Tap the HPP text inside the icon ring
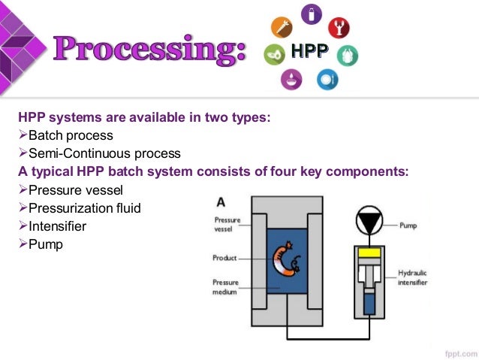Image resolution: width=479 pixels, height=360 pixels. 310,51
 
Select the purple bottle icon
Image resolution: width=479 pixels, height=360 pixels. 312,14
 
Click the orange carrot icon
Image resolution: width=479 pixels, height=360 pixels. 282,27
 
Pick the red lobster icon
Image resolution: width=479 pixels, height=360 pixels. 339,28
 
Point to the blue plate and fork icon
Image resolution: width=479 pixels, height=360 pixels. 327,80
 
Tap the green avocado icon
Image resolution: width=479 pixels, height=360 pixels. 274,54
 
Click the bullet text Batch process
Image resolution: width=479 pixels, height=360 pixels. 71,135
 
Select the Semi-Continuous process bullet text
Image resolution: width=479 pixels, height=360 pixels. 104,153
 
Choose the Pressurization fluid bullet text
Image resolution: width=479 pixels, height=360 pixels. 85,208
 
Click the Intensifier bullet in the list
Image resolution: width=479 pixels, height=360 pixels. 57,226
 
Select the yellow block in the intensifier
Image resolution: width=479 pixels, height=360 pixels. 369,253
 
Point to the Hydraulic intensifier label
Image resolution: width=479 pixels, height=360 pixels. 412,277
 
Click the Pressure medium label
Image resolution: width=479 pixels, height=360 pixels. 225,287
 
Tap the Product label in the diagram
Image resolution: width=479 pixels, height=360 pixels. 224,258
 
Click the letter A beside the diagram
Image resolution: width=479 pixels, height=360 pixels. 221,202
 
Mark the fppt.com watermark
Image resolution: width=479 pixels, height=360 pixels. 461,353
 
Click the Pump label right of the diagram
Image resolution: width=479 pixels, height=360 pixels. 408,225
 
